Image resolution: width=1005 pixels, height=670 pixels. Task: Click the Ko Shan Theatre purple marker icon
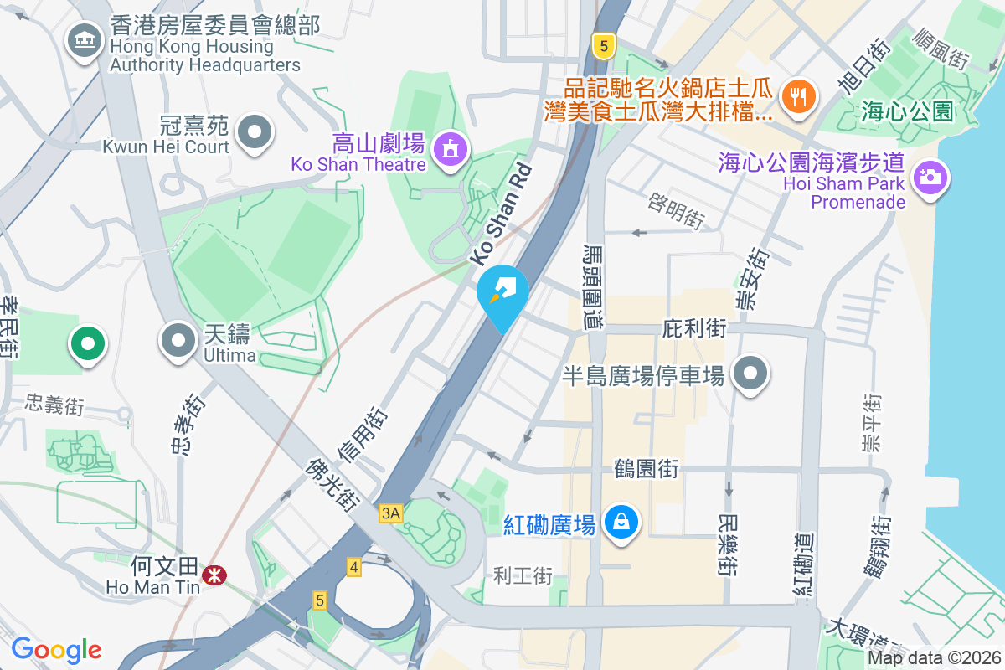[451, 148]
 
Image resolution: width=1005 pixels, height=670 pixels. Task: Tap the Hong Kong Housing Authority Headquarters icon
[84, 39]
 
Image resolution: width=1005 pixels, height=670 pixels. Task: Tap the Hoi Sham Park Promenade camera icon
[928, 177]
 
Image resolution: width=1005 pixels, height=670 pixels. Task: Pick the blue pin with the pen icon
[502, 294]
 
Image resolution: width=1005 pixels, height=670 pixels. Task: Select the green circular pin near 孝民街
[87, 343]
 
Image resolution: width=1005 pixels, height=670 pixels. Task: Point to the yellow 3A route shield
[390, 513]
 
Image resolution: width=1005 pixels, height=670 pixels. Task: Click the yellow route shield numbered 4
[354, 568]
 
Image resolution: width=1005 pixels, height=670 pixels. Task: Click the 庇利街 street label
[694, 328]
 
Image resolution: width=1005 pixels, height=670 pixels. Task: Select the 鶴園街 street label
[646, 468]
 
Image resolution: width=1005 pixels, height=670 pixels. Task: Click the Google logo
[57, 649]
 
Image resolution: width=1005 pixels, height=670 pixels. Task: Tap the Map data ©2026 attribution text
[933, 658]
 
